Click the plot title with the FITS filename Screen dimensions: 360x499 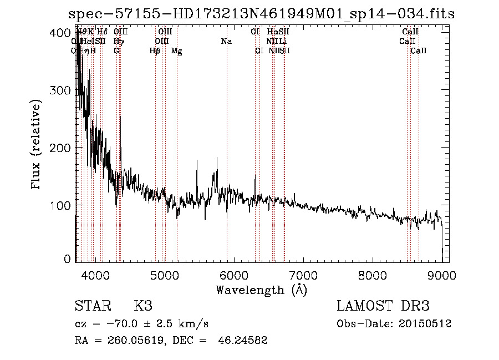click(x=261, y=14)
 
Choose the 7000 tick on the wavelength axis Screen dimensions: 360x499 click(x=303, y=275)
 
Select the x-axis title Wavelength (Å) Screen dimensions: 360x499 click(x=261, y=290)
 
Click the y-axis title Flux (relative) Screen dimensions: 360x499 click(x=37, y=145)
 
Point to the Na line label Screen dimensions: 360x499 click(x=226, y=41)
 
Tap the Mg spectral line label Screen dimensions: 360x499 click(x=176, y=51)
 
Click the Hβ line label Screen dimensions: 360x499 click(x=155, y=51)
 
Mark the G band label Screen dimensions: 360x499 click(x=116, y=51)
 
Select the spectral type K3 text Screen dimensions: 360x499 click(x=143, y=306)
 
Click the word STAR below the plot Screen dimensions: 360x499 click(x=91, y=306)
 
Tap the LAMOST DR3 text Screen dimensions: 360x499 click(x=383, y=306)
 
